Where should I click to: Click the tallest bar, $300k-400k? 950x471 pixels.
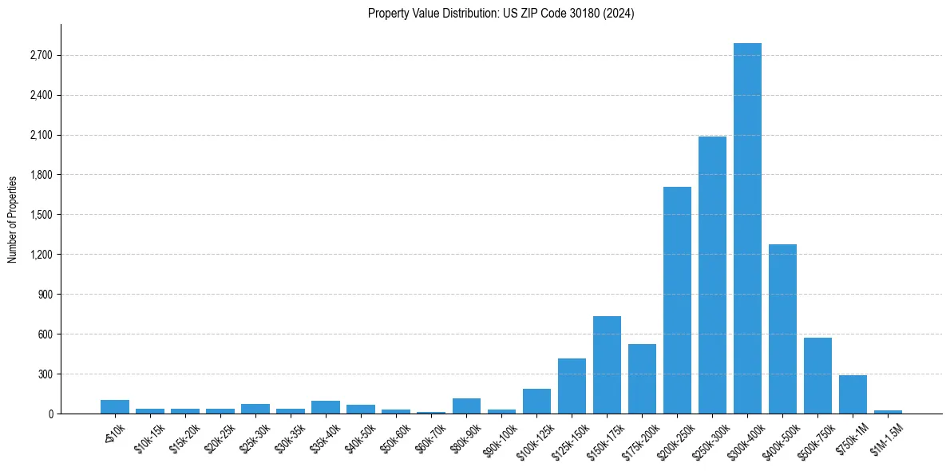click(x=747, y=228)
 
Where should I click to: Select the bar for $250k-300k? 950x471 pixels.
click(x=712, y=275)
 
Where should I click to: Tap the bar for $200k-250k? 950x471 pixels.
click(x=677, y=300)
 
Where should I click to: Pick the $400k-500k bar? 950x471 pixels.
click(x=782, y=329)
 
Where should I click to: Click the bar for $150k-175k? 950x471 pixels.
click(x=607, y=365)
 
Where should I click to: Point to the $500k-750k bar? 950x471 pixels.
click(x=817, y=375)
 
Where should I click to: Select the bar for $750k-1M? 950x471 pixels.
click(x=853, y=394)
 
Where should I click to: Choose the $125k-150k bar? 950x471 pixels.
click(x=572, y=386)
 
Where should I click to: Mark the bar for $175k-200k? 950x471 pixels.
click(x=642, y=378)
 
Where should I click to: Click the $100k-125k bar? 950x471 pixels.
click(x=536, y=401)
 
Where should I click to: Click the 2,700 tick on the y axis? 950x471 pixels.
click(x=41, y=56)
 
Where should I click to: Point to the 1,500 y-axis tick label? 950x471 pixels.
click(x=41, y=215)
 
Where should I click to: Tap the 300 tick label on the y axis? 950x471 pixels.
click(x=46, y=374)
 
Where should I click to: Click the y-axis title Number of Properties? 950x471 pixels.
click(x=12, y=219)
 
